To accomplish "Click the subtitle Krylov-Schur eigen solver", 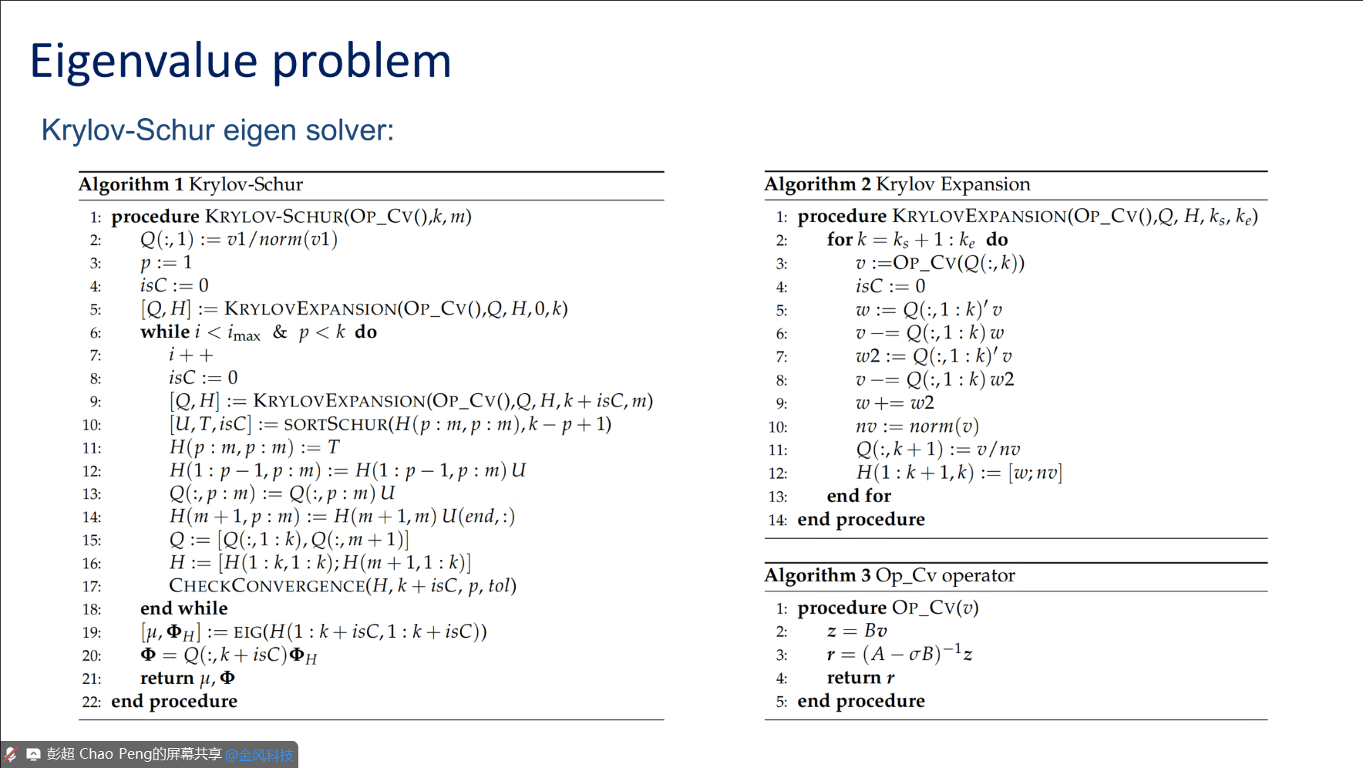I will pyautogui.click(x=217, y=130).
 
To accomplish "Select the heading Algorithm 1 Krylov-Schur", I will pyautogui.click(x=190, y=184).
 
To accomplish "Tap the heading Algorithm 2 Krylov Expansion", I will pyautogui.click(x=897, y=184).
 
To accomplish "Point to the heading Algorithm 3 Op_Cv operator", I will pyautogui.click(x=889, y=575).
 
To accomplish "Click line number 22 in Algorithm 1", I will pyautogui.click(x=91, y=702).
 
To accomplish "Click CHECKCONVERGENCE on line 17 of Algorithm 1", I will pyautogui.click(x=267, y=586).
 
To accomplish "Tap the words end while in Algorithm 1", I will pyautogui.click(x=183, y=608).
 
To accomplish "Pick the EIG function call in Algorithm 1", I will pyautogui.click(x=248, y=632).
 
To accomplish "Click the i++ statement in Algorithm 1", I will pyautogui.click(x=190, y=355).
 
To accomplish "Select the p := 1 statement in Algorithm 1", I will pyautogui.click(x=166, y=263).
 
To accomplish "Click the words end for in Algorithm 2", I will pyautogui.click(x=858, y=496).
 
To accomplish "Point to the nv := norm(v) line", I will pyautogui.click(x=917, y=426).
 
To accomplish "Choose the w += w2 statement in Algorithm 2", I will pyautogui.click(x=894, y=403).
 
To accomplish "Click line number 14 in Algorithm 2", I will pyautogui.click(x=777, y=520).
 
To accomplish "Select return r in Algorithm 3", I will pyautogui.click(x=860, y=678).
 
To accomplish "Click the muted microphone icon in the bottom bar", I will pyautogui.click(x=11, y=754).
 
